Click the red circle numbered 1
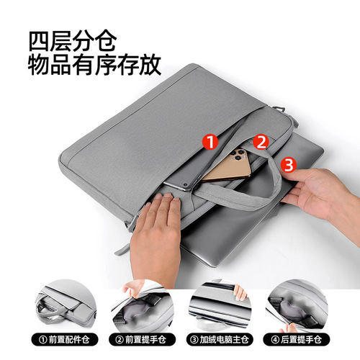(x=211, y=142)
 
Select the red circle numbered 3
(x=289, y=166)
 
